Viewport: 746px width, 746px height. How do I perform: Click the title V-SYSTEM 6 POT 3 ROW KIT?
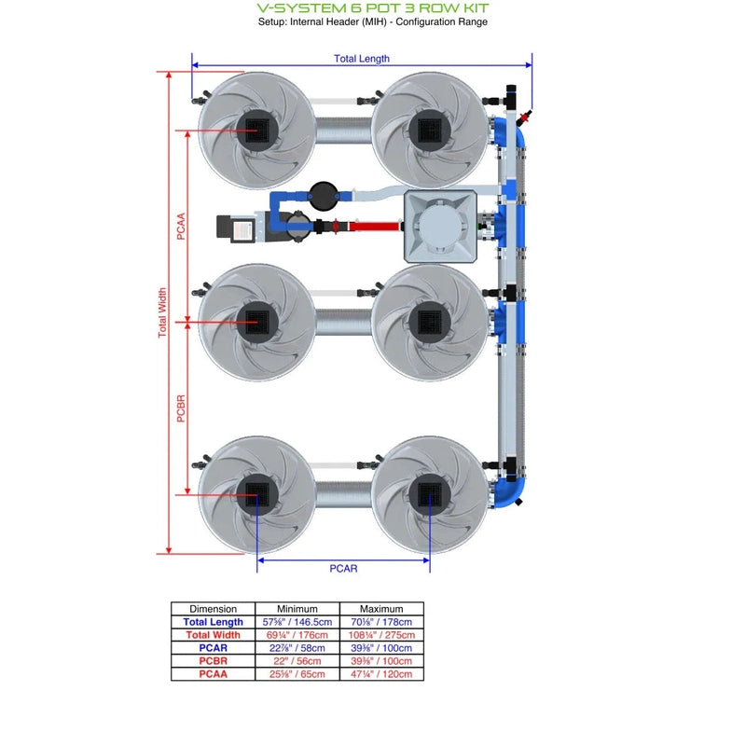372,7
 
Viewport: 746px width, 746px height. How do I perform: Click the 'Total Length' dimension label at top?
362,59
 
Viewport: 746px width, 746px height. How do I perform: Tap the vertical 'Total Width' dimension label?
162,312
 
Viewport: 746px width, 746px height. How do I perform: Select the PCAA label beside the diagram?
181,227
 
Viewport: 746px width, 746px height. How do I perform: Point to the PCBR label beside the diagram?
181,408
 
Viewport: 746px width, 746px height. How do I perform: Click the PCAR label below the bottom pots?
343,568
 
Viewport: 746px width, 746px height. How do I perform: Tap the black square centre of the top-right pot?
430,129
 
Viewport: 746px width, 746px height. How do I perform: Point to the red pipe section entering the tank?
373,226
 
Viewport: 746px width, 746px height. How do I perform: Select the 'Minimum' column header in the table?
297,609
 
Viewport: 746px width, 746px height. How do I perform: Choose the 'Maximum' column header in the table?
380,609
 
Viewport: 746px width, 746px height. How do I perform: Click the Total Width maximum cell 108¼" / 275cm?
380,635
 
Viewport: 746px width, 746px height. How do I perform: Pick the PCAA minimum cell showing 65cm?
297,673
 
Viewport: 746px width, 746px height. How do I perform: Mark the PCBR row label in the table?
213,660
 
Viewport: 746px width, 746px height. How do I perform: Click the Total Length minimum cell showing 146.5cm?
297,622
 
